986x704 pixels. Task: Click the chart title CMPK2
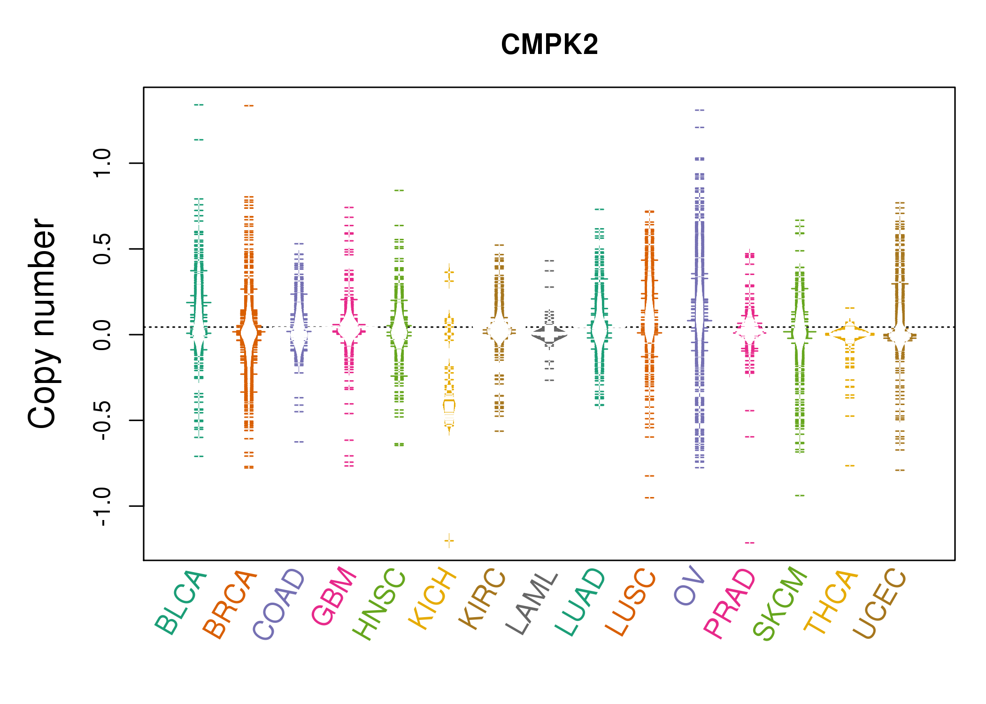click(x=549, y=45)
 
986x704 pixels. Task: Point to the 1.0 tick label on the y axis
click(x=102, y=163)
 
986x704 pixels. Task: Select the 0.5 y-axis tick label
click(x=102, y=249)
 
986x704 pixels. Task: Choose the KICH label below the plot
click(x=432, y=598)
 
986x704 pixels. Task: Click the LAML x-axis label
click(x=532, y=603)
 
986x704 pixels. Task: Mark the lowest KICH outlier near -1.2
click(x=449, y=541)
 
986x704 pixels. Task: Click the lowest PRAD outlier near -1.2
click(x=749, y=543)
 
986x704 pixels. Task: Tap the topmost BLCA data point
click(x=199, y=105)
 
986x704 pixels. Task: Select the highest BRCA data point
click(x=249, y=106)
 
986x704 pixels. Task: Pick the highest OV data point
click(x=700, y=110)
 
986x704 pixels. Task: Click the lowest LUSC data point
click(x=649, y=497)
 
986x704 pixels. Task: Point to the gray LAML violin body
click(x=549, y=334)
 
